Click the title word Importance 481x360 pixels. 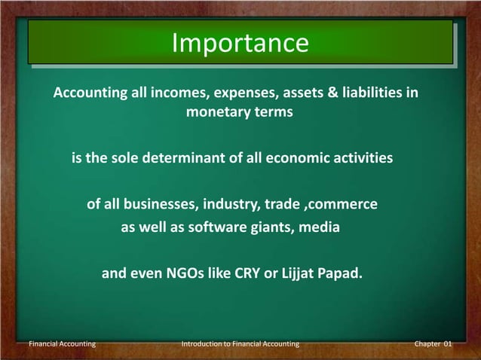[240, 43]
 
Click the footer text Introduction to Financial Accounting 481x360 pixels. [240, 343]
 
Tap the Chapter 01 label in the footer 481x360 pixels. [433, 343]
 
